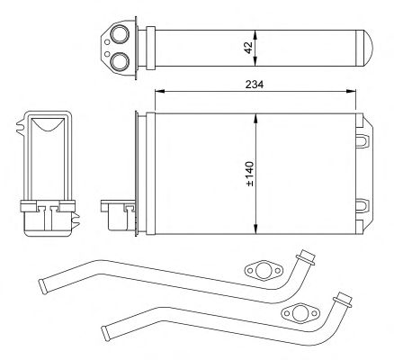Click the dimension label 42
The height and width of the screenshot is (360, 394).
point(248,48)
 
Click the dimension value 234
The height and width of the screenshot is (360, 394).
point(255,85)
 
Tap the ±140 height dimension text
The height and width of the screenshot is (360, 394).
point(250,174)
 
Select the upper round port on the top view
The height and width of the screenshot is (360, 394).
point(120,34)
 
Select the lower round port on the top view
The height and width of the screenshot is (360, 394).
point(120,61)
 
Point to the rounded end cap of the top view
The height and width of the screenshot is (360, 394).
point(367,48)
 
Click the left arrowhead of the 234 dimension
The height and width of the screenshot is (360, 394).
point(159,91)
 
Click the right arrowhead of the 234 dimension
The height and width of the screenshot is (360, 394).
point(351,91)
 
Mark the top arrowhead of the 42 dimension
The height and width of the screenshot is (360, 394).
point(255,34)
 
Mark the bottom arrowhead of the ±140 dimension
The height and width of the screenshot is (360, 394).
point(255,229)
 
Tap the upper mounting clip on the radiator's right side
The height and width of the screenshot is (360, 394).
point(363,141)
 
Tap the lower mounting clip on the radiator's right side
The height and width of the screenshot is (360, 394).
point(363,206)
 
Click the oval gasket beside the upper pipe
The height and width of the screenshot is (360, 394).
point(264,270)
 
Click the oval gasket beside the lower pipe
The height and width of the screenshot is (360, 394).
point(300,314)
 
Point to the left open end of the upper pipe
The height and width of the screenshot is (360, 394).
point(43,286)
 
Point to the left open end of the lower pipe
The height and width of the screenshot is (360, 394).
point(106,333)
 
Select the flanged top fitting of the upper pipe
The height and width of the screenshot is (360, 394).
point(306,258)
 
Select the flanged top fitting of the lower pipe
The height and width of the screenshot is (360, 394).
point(343,300)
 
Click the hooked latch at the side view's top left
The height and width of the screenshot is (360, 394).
point(21,127)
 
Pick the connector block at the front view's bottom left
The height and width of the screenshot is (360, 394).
point(118,215)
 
